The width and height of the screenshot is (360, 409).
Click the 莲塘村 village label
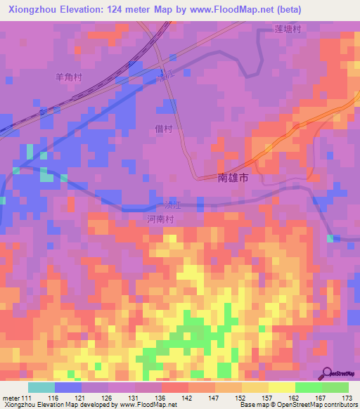pos(288,30)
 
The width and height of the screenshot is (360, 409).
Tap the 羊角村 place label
pos(69,77)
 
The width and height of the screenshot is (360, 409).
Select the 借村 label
pos(163,129)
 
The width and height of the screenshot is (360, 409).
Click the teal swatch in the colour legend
pos(41,387)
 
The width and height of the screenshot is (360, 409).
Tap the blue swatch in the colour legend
pos(68,387)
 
